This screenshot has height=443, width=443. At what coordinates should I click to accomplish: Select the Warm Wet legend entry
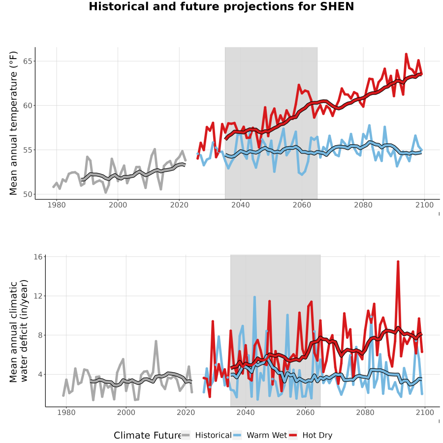pos(259,435)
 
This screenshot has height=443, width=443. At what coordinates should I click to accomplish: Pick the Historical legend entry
pos(206,435)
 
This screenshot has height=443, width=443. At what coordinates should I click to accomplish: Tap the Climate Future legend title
pos(147,436)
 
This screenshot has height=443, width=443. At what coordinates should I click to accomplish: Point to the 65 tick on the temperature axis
pos(28,62)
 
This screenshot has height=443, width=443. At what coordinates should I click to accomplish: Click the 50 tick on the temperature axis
pos(28,194)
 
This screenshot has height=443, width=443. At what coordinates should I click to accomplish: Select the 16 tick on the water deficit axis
pos(38,257)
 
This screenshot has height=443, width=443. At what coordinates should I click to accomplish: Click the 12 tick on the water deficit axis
pos(38,296)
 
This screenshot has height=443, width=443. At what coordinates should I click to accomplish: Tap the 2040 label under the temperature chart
pos(240,205)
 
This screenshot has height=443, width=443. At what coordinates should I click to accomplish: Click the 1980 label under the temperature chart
pos(57,205)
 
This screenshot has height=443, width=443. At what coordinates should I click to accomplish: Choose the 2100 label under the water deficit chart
pos(425,412)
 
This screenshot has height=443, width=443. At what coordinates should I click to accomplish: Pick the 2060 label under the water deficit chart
pos(305,412)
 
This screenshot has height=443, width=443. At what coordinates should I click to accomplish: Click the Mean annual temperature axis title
pos(13,123)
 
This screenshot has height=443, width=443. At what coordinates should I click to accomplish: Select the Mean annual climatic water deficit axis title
pos(19,331)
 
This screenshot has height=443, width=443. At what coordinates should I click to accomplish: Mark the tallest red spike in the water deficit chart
pos(398,262)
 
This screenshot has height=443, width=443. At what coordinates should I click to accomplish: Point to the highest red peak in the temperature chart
pos(406,54)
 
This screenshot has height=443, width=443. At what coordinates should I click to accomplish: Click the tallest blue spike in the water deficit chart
pos(254,297)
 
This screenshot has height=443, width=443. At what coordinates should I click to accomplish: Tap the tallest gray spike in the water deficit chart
pos(156,341)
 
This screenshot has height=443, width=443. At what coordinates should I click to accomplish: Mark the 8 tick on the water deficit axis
pos(40,335)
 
